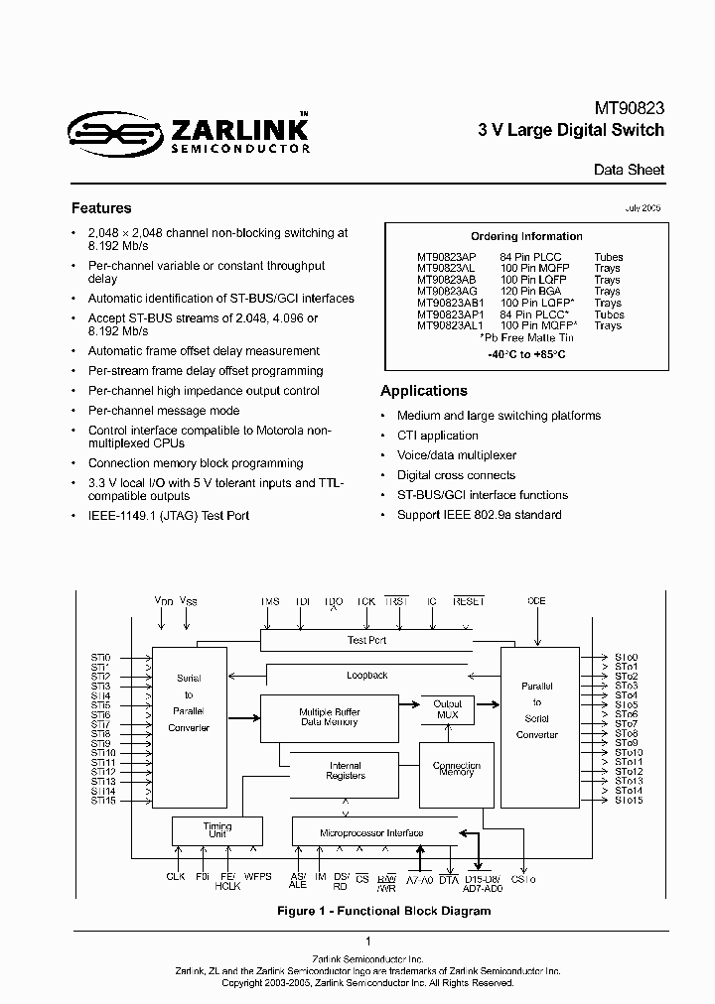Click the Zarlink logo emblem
tap(112, 133)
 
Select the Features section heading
tap(101, 208)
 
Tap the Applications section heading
tap(424, 391)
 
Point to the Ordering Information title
tap(526, 236)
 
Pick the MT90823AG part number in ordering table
tap(448, 291)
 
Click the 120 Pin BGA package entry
tap(533, 291)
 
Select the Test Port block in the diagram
tap(366, 640)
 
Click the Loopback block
tap(366, 675)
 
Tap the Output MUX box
tap(448, 708)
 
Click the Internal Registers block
tap(346, 771)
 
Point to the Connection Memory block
tap(456, 769)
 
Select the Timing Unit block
tap(216, 830)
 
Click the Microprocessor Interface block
tap(371, 833)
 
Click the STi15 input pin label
tap(103, 801)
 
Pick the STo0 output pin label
tap(626, 657)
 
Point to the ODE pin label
tap(537, 601)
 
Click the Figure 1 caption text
tap(357, 911)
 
